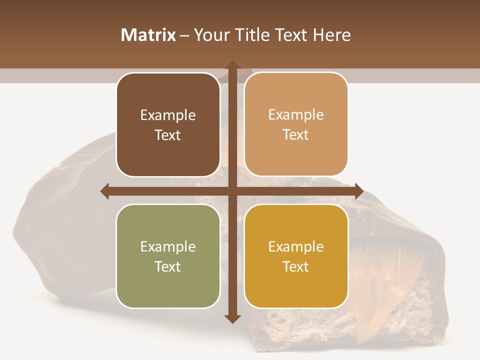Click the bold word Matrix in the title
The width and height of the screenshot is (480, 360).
point(148,35)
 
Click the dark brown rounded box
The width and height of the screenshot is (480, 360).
point(168,125)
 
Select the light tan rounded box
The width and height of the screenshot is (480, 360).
point(296,125)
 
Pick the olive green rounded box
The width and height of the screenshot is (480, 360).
point(168,256)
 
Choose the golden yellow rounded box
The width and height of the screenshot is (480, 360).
point(296,256)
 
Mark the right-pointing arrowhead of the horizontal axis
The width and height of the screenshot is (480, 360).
point(358,191)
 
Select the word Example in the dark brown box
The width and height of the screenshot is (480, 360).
point(168,115)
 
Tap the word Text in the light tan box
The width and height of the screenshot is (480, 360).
point(296,135)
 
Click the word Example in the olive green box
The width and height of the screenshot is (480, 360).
point(168,246)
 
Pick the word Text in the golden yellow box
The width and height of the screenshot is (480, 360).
point(296,266)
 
